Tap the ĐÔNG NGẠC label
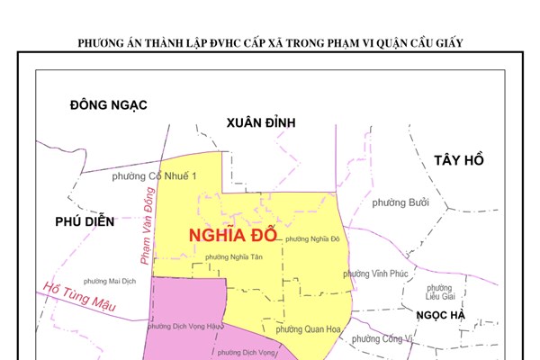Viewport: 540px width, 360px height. [x=108, y=105]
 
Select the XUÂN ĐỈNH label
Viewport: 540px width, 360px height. [x=261, y=122]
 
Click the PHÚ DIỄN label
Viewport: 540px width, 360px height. [x=85, y=221]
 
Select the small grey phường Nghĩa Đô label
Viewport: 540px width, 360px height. [x=311, y=239]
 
